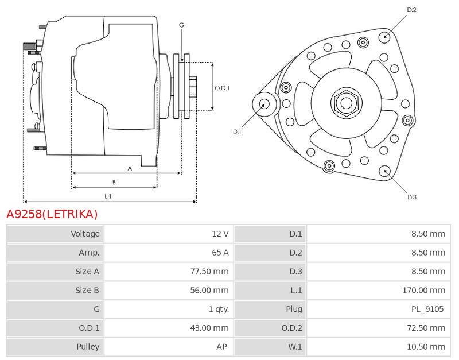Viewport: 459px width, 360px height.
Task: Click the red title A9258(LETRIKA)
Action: point(52,214)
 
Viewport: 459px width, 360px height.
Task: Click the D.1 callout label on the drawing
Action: point(237,131)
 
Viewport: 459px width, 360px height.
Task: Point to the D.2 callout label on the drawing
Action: point(411,10)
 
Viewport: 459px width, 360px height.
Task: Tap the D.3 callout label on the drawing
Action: point(411,197)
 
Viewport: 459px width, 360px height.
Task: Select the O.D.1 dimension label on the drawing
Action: point(222,88)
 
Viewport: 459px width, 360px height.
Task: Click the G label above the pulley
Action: point(181,25)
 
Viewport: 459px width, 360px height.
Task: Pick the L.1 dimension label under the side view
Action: point(108,196)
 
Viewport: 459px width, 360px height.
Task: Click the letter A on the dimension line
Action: point(130,168)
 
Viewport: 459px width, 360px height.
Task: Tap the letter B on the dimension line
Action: point(114,182)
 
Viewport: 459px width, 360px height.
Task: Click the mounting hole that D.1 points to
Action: point(264,104)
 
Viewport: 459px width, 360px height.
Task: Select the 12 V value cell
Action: point(220,234)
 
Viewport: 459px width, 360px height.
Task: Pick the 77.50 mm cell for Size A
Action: point(209,272)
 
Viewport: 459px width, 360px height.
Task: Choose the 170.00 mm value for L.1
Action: point(424,291)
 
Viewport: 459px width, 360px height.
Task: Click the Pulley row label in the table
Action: point(88,347)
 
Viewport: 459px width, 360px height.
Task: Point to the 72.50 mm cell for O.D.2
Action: point(426,328)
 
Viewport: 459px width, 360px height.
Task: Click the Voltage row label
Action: point(85,234)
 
